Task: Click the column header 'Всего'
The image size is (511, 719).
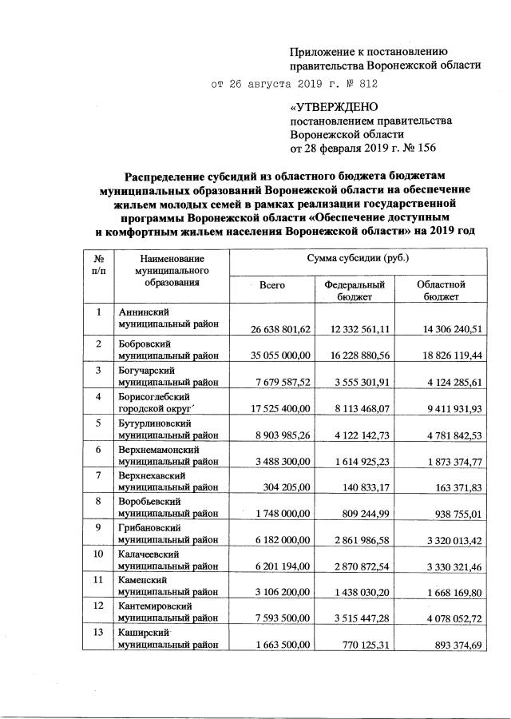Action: coord(272,284)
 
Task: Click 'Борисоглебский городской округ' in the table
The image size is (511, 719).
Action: coord(163,403)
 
